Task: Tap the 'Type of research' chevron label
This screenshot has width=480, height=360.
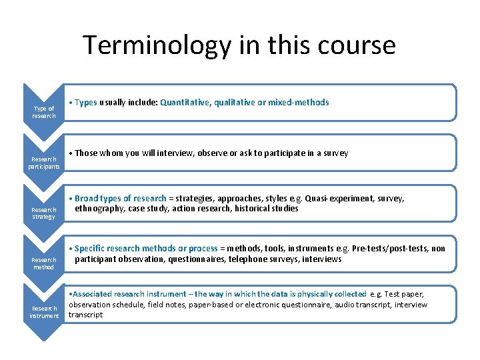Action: (x=44, y=112)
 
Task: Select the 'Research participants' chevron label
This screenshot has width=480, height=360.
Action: (x=44, y=163)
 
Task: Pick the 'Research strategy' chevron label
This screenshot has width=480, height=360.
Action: (x=44, y=213)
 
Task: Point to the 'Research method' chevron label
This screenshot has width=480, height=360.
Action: (x=44, y=263)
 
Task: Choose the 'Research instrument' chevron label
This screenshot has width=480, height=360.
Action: (x=44, y=312)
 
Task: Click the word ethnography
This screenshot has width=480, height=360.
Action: (x=99, y=209)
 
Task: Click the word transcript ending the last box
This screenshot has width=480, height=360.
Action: (x=86, y=315)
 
